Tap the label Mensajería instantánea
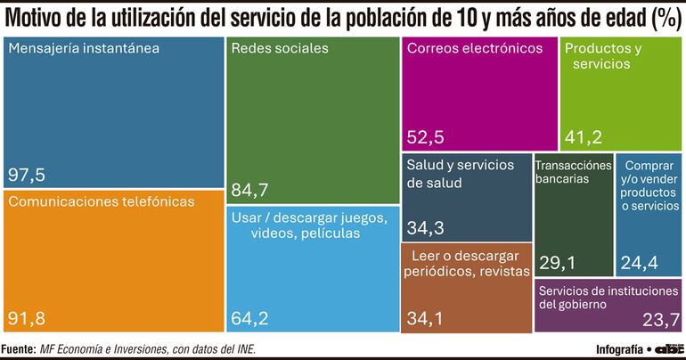point(84,49)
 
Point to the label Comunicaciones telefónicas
point(101,202)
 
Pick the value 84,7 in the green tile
point(250,190)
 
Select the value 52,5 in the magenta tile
point(427,136)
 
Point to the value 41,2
point(584,136)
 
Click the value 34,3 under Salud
point(426,228)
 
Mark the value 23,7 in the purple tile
point(661,320)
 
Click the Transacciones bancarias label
point(573,171)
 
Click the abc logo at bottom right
point(669,348)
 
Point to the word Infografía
point(618,348)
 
